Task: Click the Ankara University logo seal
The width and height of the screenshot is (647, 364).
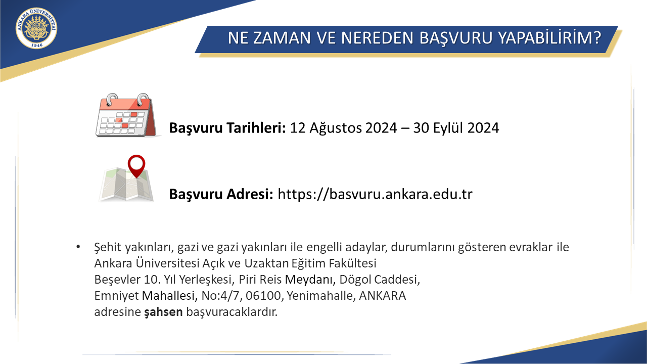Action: (36, 28)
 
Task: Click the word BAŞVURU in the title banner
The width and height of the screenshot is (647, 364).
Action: (455, 38)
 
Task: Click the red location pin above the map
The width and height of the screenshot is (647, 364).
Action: (136, 166)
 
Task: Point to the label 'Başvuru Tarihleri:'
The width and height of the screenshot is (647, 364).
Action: (227, 128)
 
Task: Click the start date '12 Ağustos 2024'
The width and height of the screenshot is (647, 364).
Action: (343, 128)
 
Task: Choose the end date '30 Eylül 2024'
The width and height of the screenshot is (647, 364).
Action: (456, 128)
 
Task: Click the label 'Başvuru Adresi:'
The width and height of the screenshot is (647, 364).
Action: (221, 194)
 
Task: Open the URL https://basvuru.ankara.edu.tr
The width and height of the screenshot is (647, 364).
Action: (375, 194)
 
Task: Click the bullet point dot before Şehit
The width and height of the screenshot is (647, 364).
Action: (78, 247)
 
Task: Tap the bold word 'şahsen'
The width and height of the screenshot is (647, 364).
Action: (163, 312)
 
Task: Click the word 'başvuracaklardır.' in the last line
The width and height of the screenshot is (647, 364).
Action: (232, 312)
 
